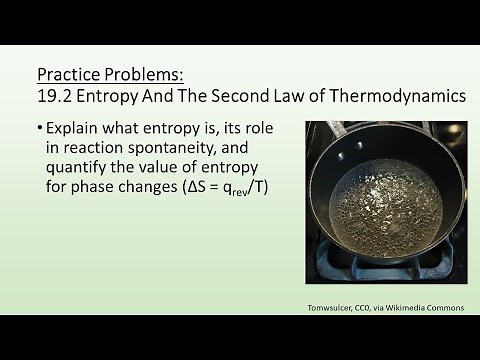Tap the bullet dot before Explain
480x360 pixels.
pyautogui.click(x=41, y=129)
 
